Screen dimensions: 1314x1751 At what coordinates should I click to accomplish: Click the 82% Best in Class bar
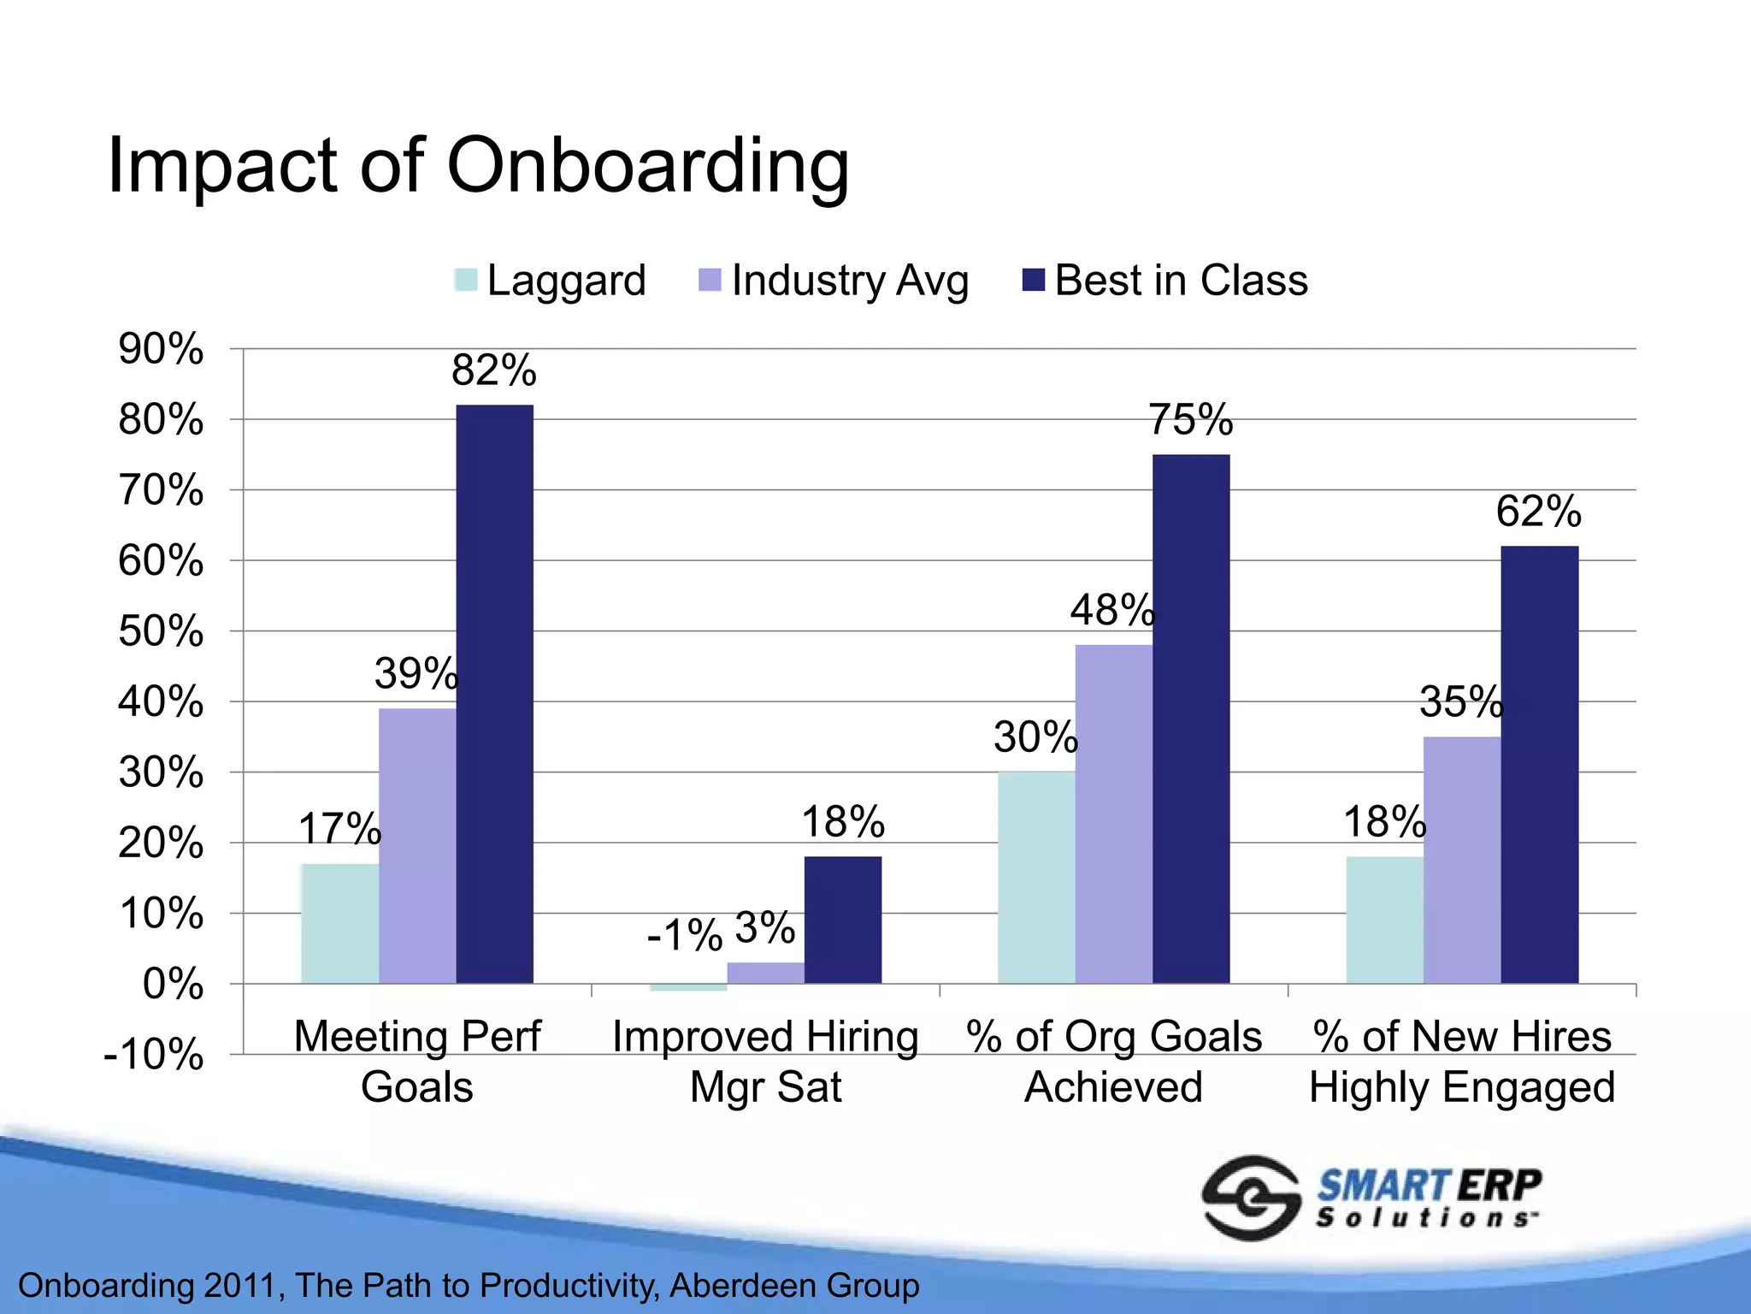pos(494,693)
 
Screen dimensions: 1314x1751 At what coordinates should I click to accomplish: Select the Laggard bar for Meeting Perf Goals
pos(339,924)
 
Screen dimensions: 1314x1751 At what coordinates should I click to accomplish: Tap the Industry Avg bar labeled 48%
pos(1113,813)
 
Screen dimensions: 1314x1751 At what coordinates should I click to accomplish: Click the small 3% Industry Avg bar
pos(765,973)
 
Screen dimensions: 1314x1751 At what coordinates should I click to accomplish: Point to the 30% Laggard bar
pos(1036,877)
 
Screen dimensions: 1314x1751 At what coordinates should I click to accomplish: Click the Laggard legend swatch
pos(466,281)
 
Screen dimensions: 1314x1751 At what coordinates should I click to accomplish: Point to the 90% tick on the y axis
pos(161,349)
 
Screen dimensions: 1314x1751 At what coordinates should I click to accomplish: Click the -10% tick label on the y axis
pos(154,1055)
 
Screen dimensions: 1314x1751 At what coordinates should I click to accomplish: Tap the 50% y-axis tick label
pos(161,632)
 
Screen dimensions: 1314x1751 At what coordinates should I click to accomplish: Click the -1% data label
pos(685,934)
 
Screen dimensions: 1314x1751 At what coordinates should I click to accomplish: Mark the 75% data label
pos(1191,419)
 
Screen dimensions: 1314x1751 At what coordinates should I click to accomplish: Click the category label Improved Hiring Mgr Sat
pos(765,1061)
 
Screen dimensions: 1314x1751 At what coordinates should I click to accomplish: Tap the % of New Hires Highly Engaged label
pos(1462,1061)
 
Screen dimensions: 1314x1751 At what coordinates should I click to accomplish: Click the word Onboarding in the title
pos(647,165)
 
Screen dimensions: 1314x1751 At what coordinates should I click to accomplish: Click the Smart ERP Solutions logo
pos(1371,1198)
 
